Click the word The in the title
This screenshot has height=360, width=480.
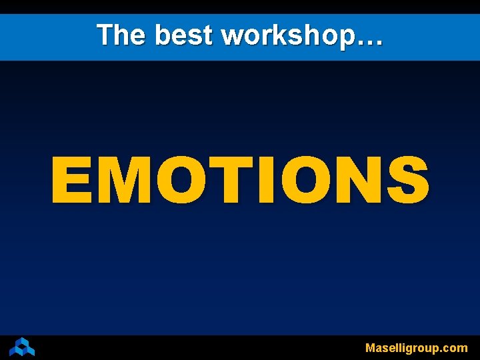pyautogui.click(x=119, y=35)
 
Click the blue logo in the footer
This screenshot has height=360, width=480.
pyautogui.click(x=22, y=347)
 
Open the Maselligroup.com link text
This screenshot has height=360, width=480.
pyautogui.click(x=417, y=348)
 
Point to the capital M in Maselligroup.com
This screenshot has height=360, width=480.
pyautogui.click(x=371, y=347)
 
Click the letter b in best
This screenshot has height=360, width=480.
pyautogui.click(x=163, y=35)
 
